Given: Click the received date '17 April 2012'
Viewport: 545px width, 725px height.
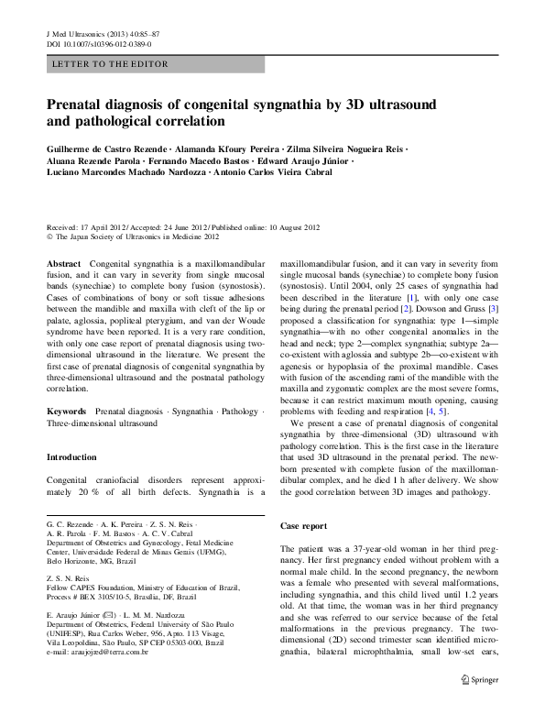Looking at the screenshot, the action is (x=107, y=225).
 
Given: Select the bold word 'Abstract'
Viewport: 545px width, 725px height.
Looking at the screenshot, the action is (x=63, y=263).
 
